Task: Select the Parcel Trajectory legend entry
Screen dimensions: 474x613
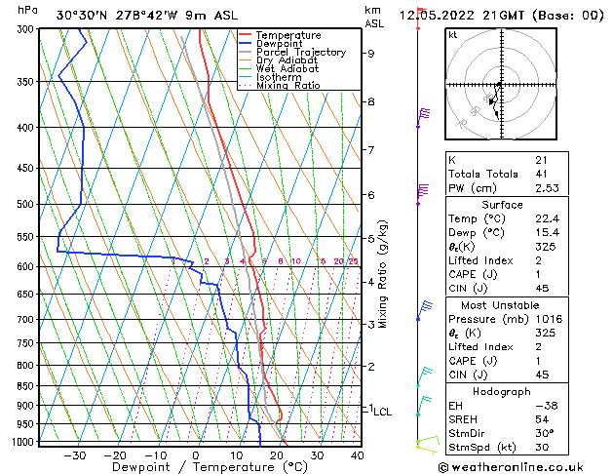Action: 300,53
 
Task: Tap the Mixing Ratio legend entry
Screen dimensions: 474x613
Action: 287,86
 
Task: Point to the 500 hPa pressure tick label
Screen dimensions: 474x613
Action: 27,205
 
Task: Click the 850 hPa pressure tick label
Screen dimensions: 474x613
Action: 27,386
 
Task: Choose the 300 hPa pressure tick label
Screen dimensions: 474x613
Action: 27,29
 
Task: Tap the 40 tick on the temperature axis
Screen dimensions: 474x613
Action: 358,454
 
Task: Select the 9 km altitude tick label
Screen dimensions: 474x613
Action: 370,54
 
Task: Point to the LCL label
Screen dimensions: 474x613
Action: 383,412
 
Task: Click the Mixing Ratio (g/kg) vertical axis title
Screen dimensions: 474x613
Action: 384,273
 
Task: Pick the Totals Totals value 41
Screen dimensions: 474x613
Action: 541,174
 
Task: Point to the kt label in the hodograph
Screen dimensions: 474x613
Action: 452,34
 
